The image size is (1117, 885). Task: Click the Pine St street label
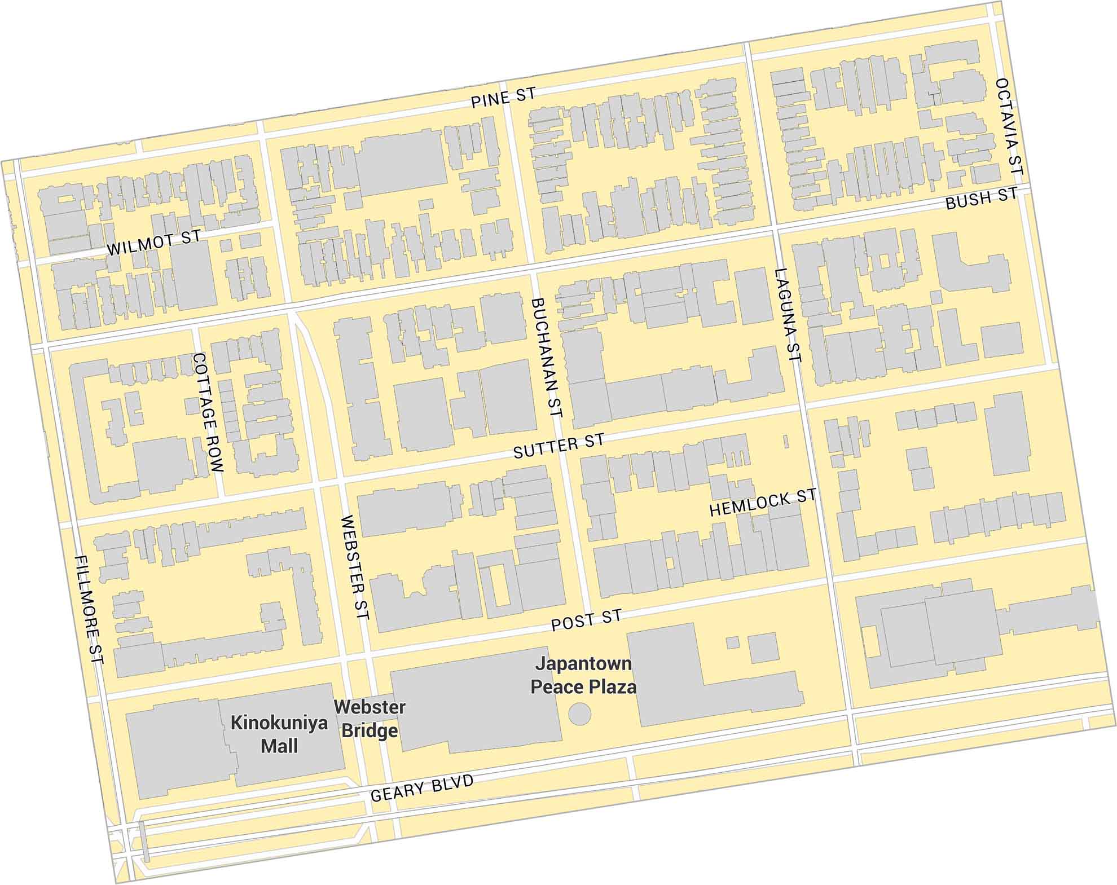(503, 98)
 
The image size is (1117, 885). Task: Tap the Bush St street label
(982, 199)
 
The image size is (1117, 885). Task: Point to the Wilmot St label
(153, 243)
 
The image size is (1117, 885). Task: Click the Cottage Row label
(207, 412)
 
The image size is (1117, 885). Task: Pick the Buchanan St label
(547, 358)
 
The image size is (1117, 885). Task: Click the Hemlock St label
(762, 503)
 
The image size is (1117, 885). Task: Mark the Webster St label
(355, 567)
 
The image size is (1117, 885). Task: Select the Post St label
(586, 620)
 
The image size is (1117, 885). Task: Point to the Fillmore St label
(89, 609)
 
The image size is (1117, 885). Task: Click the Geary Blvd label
(421, 788)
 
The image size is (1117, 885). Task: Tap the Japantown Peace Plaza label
(583, 675)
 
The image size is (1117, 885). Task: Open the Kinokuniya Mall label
(279, 734)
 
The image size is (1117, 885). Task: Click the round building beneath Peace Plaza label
(579, 714)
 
